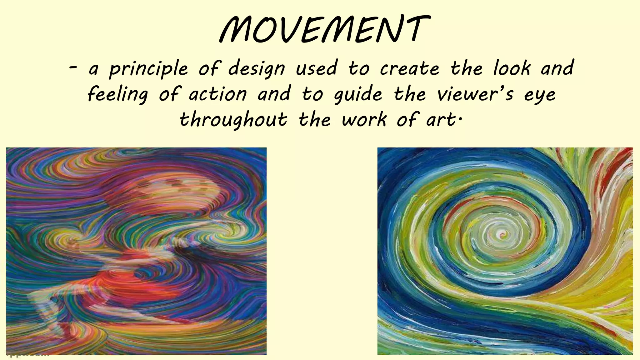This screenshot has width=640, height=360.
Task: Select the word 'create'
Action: point(410,68)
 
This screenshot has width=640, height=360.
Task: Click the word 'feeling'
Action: point(118,95)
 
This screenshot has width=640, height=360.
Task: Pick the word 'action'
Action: point(218,94)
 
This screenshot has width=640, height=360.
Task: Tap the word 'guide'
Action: point(358,95)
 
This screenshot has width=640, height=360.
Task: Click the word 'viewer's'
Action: point(475,94)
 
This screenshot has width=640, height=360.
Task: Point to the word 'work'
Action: point(364,119)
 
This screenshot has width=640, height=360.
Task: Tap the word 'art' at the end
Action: point(441,120)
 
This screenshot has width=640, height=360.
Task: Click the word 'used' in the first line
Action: point(316,68)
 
